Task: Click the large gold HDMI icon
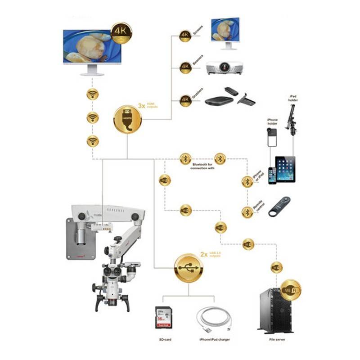pos(127,119)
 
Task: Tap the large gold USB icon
pos(189,268)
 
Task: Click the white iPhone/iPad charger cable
pos(215,319)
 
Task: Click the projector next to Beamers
pos(224,67)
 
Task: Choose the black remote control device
pos(279,207)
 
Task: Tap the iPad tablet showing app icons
pos(285,169)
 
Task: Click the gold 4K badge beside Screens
pos(185,36)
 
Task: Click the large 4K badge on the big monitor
pos(121,32)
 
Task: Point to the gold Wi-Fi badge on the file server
pos(290,290)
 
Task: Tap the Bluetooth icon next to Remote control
pos(247,212)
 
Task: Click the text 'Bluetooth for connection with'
pos(202,167)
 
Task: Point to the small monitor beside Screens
pos(225,32)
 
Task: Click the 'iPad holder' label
pos(294,99)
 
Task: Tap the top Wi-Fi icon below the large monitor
pos(93,94)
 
